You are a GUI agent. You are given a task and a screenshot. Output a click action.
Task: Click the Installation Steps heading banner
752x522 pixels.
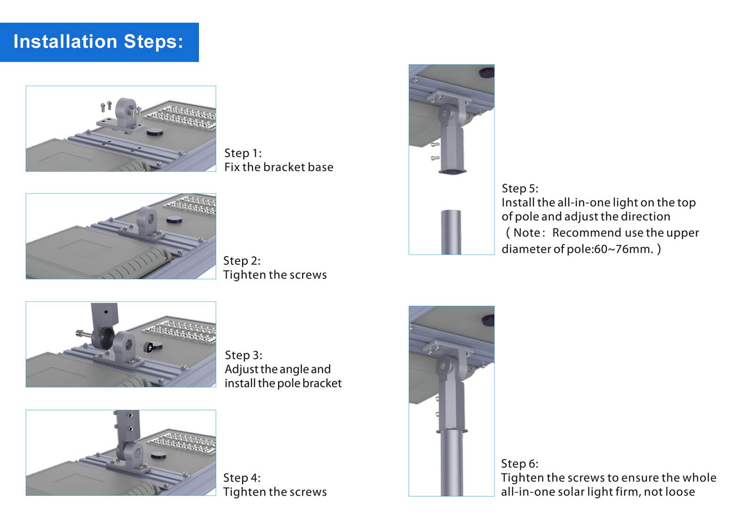(99, 42)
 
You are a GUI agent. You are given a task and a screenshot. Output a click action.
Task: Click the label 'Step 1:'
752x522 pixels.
(243, 153)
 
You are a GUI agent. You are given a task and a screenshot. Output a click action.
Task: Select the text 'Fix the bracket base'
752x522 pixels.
(278, 167)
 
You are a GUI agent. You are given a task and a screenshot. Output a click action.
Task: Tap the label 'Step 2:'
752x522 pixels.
(242, 261)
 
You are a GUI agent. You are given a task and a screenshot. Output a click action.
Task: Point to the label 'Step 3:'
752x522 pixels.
(243, 355)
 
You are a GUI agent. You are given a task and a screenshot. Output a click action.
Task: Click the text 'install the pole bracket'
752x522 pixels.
(283, 383)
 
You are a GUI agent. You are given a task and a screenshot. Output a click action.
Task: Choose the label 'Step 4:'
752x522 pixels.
(242, 478)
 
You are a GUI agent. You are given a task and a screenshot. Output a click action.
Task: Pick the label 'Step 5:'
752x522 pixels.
(520, 188)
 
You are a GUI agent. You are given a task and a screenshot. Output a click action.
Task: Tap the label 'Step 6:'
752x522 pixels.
(519, 464)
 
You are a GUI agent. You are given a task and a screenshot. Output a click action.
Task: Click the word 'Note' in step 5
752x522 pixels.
(526, 233)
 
